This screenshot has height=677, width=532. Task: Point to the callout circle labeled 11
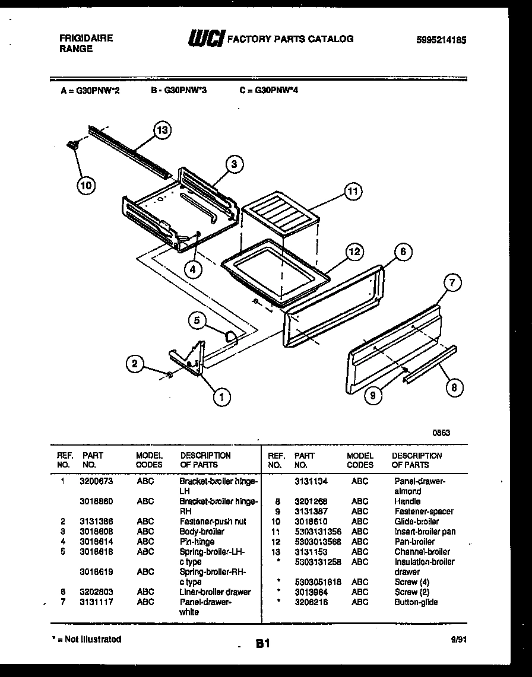point(353,192)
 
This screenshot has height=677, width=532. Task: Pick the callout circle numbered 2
point(135,364)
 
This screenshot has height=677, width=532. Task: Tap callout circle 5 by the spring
point(197,321)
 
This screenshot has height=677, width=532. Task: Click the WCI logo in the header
point(206,39)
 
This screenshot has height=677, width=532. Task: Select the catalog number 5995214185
point(441,40)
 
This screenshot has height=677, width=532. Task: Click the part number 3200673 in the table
point(96,481)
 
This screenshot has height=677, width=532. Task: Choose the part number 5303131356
point(318,532)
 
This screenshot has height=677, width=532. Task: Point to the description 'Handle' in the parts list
point(407,501)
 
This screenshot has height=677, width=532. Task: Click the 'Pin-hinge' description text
point(197,542)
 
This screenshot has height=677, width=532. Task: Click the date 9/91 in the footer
point(458,640)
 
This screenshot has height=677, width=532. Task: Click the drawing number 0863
point(441,433)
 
